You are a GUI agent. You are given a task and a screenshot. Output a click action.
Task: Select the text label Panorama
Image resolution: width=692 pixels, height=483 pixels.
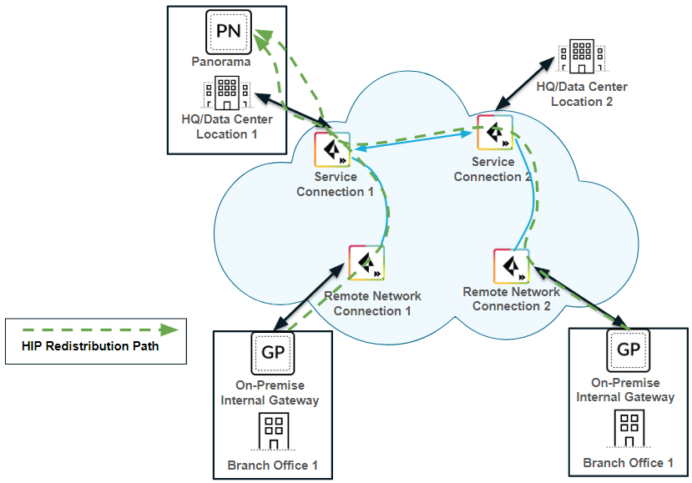coord(220,62)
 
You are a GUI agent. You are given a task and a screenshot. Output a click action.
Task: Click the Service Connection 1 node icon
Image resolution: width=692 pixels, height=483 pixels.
coord(332,150)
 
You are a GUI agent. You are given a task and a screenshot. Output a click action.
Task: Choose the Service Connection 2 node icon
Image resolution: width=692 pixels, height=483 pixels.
coord(495,133)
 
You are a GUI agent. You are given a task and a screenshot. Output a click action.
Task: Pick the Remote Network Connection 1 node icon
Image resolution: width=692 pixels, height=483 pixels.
coord(366,265)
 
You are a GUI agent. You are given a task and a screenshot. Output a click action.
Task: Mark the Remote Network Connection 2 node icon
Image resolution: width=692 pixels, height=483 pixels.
coord(511,266)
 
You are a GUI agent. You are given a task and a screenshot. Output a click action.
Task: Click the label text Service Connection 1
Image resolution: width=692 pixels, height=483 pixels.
coord(336,184)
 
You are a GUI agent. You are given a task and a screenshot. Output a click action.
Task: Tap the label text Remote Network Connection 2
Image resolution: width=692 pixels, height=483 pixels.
coord(512,299)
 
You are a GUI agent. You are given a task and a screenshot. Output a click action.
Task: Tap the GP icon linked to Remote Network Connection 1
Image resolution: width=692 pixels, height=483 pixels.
coord(272,353)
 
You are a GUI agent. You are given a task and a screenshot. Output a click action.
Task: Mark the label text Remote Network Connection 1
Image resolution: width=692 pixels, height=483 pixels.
coord(372,304)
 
